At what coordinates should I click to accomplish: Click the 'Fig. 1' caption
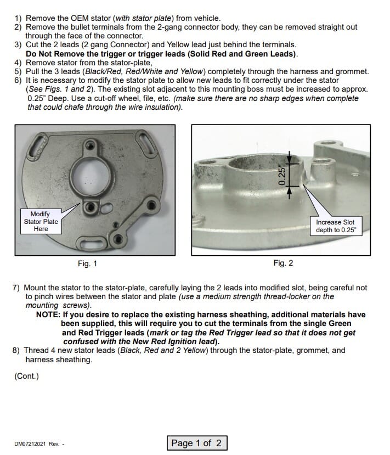coord(88,263)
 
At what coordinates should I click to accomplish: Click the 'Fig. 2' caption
coord(283,263)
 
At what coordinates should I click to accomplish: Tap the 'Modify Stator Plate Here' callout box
coord(41,221)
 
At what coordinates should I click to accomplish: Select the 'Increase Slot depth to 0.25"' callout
coord(336,226)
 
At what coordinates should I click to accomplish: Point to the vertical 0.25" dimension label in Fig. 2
coord(282,172)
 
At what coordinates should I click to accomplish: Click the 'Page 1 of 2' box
coord(196,443)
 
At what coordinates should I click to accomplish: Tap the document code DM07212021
coord(32,444)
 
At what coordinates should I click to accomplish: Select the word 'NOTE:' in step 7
coord(48,315)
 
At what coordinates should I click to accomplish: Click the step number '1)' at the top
coord(18,18)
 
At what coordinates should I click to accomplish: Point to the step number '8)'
coord(18,350)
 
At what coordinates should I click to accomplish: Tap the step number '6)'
coord(18,80)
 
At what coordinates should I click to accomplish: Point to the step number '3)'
coord(18,45)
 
